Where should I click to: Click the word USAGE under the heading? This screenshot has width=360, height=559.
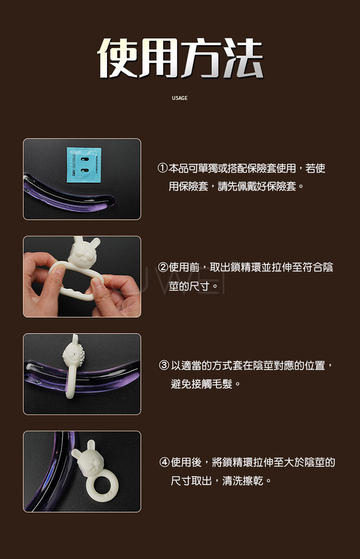179,98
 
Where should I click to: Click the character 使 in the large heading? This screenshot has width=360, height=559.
118,58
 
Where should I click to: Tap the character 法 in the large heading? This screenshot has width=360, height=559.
243,58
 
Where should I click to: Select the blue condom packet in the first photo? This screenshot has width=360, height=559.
84,165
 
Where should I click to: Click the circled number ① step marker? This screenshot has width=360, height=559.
162,168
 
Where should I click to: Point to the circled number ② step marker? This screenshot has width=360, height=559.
163,267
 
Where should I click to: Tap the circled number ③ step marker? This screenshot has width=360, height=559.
164,365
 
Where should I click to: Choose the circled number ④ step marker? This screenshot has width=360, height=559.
164,462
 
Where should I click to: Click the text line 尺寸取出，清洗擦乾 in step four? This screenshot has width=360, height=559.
221,481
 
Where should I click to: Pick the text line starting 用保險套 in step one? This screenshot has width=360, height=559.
236,186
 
